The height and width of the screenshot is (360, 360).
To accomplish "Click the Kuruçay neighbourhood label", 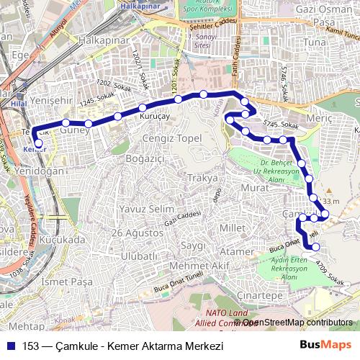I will tap(153, 115).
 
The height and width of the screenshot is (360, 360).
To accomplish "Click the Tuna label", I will tap(315, 42).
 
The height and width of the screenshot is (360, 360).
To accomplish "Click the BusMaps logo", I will tap(326, 344).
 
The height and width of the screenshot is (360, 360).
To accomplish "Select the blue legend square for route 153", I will tap(11, 345).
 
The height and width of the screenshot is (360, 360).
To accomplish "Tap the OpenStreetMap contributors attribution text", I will tap(296, 322).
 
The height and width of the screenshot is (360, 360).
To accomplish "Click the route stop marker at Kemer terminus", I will tap(38, 143).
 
